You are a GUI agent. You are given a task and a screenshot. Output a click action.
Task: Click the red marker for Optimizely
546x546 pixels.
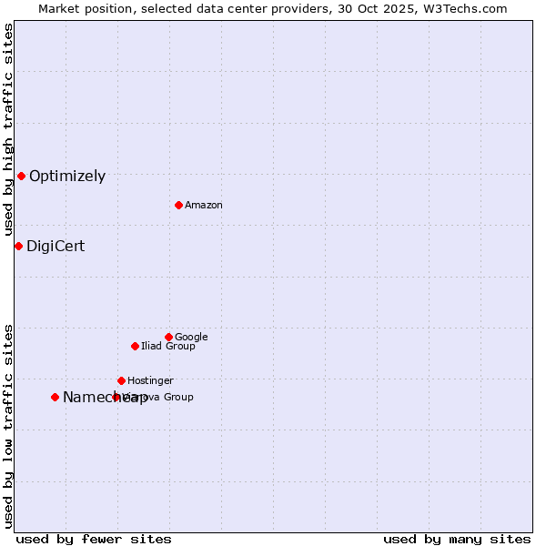tap(21, 176)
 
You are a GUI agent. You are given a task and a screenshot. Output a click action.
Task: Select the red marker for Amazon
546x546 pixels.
tap(178, 205)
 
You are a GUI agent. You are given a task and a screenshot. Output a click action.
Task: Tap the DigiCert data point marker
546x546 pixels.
tap(18, 246)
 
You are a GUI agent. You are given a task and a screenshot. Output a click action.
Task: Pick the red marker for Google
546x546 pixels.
tap(168, 337)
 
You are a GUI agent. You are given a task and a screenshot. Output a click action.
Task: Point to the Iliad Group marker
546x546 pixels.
tap(135, 346)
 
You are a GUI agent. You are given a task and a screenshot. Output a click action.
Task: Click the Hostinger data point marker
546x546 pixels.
tap(121, 380)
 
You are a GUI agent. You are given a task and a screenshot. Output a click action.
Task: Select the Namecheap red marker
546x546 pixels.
tap(55, 397)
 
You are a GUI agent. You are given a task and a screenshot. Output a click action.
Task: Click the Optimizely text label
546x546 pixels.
tap(67, 177)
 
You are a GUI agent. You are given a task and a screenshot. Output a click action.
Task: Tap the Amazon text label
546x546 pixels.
tap(204, 206)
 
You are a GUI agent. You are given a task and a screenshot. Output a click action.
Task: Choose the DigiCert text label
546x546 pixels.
tap(56, 247)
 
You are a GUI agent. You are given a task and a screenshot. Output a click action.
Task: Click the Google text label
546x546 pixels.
tap(191, 338)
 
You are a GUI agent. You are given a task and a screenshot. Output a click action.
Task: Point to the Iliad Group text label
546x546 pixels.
tap(168, 347)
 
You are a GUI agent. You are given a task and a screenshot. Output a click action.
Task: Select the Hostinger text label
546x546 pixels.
tap(150, 381)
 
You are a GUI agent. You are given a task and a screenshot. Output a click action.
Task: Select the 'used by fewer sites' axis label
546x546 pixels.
tap(94, 539)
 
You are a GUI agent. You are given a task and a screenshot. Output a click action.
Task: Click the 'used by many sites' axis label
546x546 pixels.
tap(457, 539)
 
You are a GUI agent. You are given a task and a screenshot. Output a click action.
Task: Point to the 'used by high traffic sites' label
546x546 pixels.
tap(8, 130)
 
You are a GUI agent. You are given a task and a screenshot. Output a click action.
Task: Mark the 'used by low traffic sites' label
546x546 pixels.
tap(8, 425)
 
